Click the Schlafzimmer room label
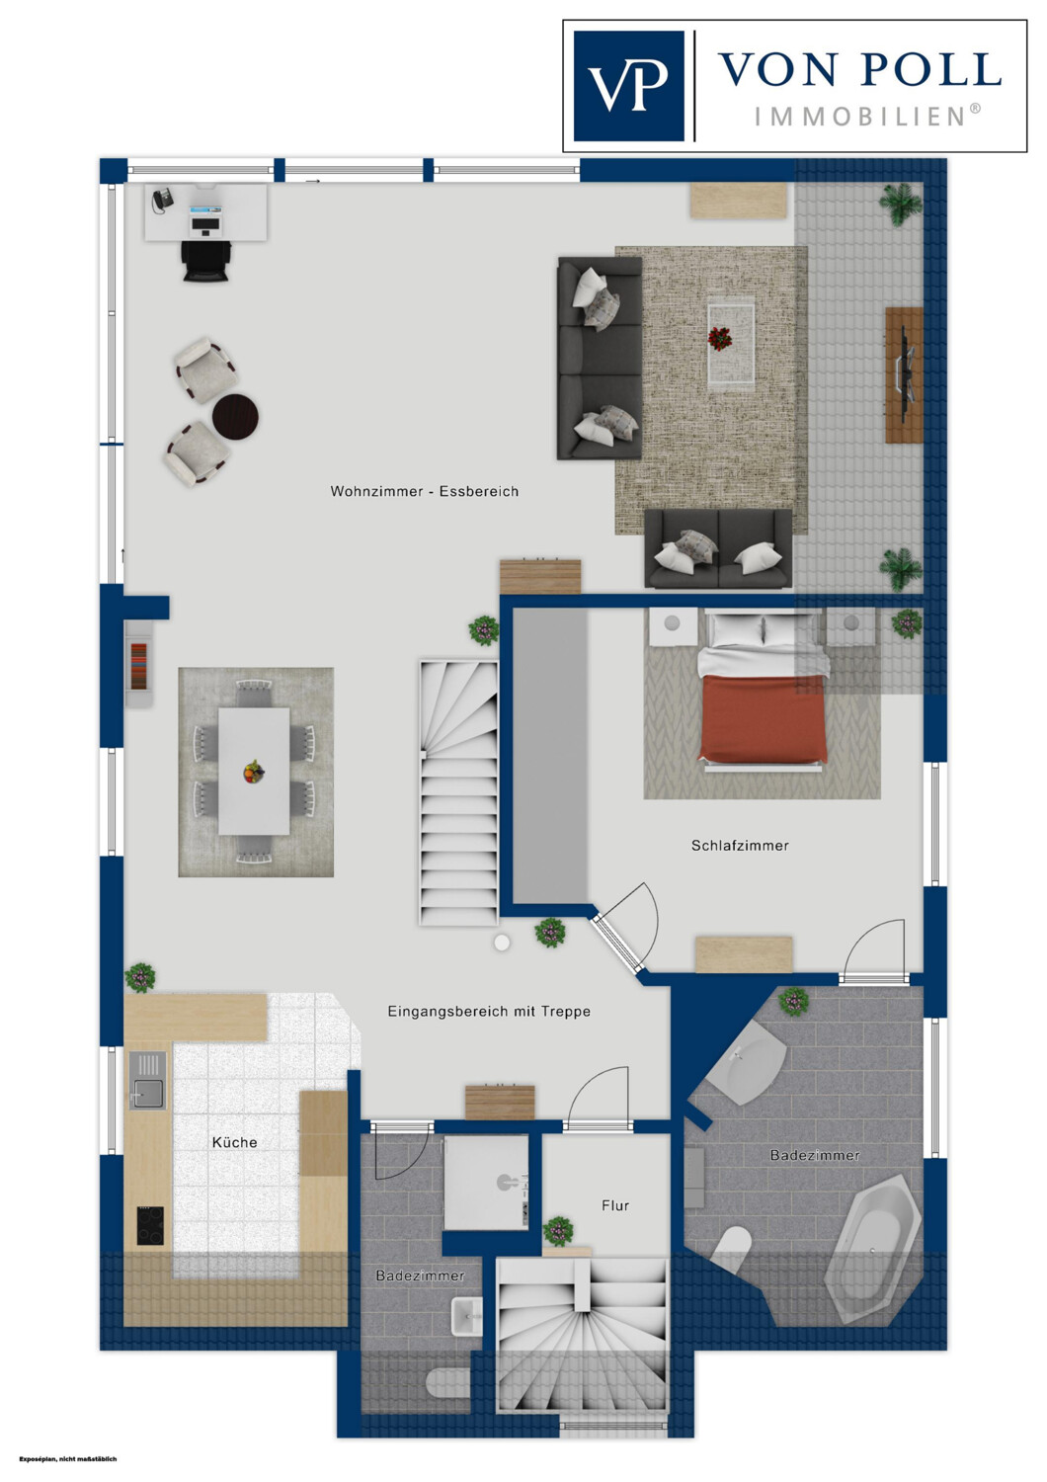point(740,846)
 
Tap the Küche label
point(235,1142)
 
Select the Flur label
point(615,1205)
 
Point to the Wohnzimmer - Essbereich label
point(425,492)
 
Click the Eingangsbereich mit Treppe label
point(489,1012)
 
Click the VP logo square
point(628,86)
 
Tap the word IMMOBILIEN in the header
point(868,118)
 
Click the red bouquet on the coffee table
point(720,340)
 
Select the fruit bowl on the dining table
point(253,772)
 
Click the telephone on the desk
point(161,201)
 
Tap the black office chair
point(206,261)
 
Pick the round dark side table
point(235,417)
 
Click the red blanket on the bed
point(763,718)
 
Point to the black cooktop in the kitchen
point(151,1226)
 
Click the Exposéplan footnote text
point(68,1458)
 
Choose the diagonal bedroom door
point(615,945)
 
